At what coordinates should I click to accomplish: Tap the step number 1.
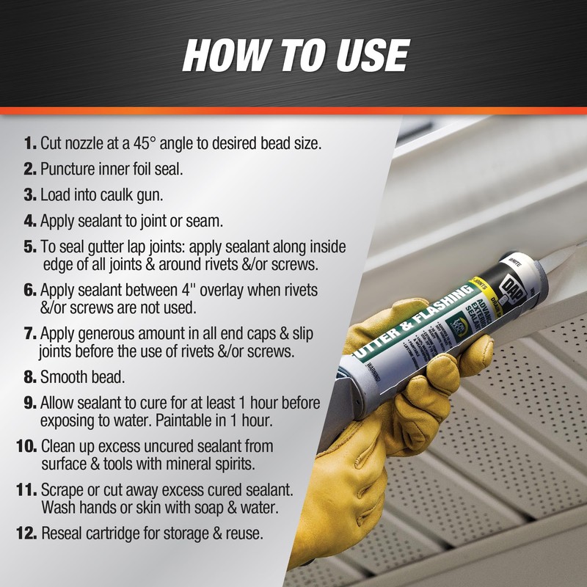(x=30, y=143)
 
